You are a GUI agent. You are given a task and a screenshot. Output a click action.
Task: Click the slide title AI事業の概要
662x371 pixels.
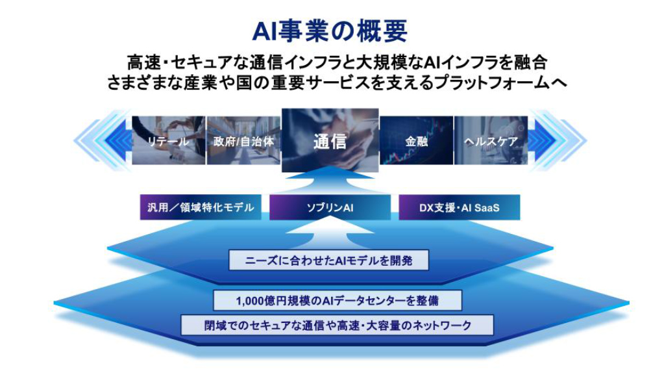click(330, 31)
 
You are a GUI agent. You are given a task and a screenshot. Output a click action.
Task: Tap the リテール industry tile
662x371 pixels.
click(169, 140)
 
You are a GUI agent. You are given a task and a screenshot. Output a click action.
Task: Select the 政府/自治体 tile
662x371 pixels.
click(243, 140)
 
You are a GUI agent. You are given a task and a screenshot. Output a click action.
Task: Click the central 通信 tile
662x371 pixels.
click(330, 140)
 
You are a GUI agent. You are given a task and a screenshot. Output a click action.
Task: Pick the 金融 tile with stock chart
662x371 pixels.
click(416, 140)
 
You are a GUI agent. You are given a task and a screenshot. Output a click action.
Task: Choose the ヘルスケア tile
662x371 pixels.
click(491, 140)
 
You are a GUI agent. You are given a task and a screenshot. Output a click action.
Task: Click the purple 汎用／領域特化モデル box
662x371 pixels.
click(201, 207)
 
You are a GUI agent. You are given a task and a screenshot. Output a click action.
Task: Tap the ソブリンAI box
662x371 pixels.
click(330, 207)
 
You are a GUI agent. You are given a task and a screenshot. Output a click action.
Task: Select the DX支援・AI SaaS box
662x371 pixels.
click(460, 207)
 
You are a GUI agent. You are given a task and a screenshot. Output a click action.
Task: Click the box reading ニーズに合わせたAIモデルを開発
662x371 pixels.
click(328, 261)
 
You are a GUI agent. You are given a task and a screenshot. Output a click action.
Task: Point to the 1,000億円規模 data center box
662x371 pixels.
click(337, 300)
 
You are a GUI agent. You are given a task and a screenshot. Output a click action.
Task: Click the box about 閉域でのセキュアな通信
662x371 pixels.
click(337, 326)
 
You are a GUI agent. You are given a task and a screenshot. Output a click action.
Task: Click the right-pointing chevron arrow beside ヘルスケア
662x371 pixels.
click(558, 140)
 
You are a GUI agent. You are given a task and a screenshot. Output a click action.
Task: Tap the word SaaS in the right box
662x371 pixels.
click(486, 207)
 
